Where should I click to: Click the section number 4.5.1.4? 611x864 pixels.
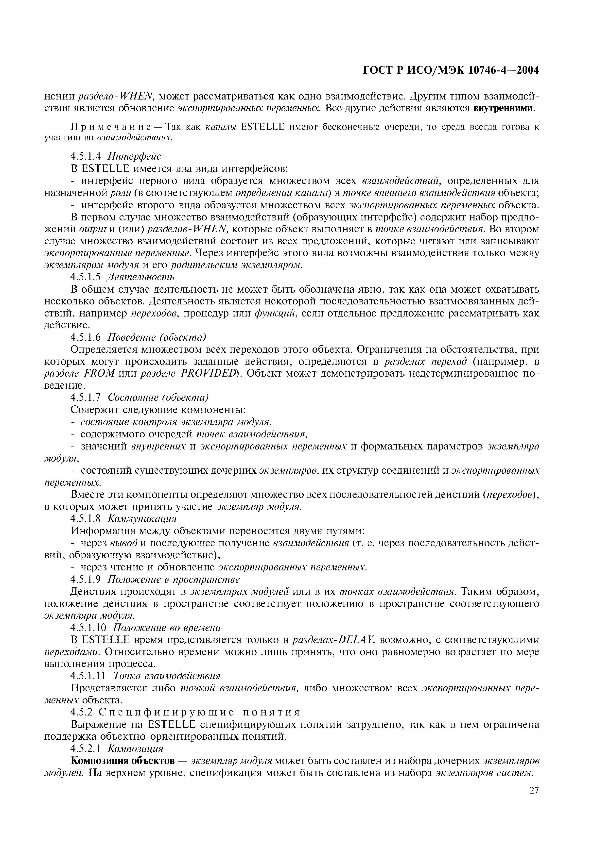point(86,156)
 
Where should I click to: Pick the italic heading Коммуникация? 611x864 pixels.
point(142,518)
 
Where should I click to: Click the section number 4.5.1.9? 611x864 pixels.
point(86,579)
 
